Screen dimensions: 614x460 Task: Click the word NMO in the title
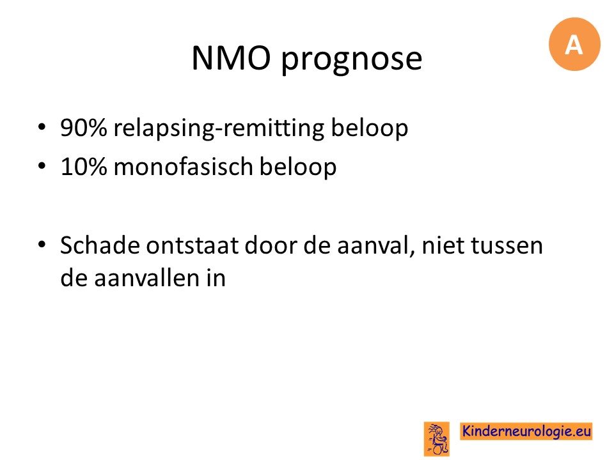(x=232, y=57)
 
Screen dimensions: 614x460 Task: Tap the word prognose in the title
(x=352, y=60)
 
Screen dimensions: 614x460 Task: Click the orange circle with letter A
(x=574, y=44)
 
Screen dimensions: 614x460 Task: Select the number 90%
(x=83, y=127)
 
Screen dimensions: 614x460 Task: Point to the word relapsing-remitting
(x=219, y=128)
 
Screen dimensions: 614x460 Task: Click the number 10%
(x=83, y=167)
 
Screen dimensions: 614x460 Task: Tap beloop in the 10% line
(x=298, y=167)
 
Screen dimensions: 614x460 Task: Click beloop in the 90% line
(x=370, y=128)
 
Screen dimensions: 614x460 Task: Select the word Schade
(x=100, y=245)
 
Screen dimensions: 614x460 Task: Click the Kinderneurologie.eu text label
(x=526, y=431)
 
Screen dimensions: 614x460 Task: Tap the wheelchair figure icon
(x=437, y=439)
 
